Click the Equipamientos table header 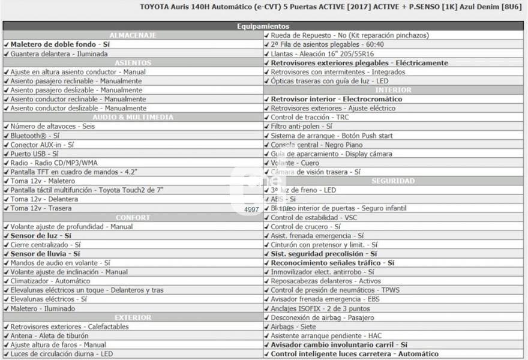click(263, 26)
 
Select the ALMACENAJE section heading click(133, 35)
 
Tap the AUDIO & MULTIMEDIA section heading click(133, 117)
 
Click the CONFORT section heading click(133, 217)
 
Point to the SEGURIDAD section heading click(393, 181)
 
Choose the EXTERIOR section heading click(133, 317)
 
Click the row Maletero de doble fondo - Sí click(60, 44)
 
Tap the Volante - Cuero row click(295, 163)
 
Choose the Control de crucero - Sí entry click(305, 227)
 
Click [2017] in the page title click(332, 7)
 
